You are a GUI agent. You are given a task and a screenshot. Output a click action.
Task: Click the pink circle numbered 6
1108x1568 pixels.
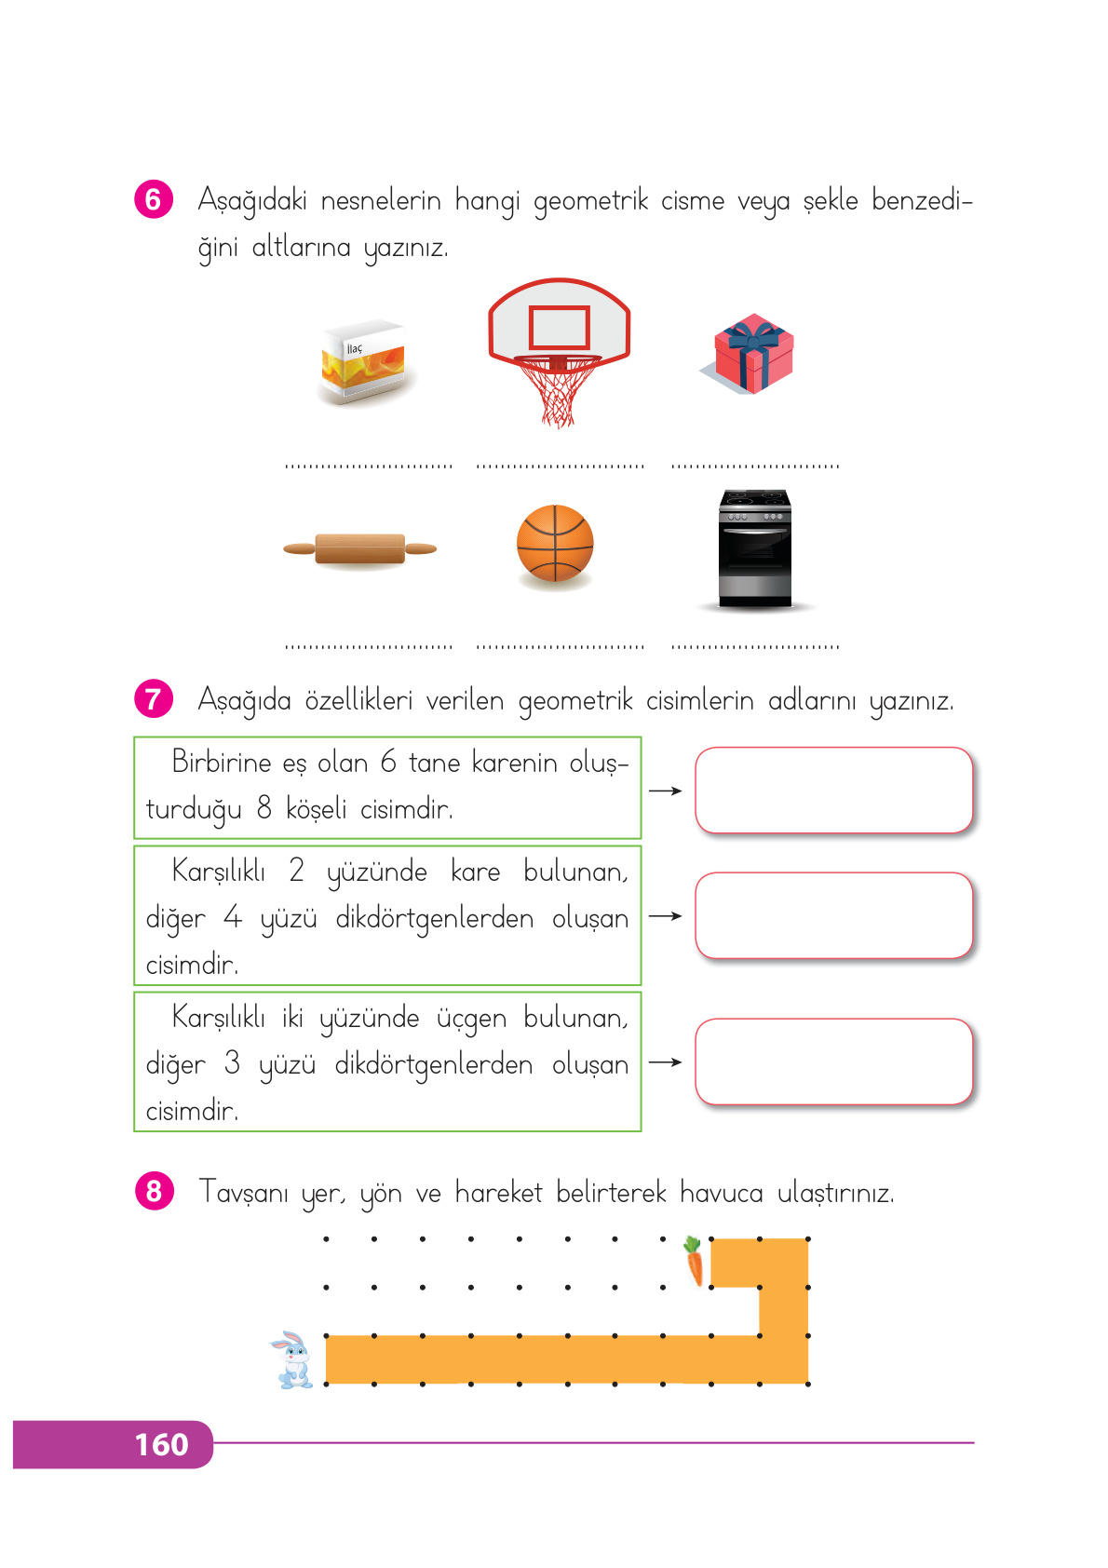coord(154,199)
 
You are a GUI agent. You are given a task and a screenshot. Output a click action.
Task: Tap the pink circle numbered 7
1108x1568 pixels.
coord(154,698)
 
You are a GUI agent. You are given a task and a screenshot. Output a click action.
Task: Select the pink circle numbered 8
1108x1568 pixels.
coord(154,1191)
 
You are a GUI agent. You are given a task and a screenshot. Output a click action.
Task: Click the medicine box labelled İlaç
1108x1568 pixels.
coord(363,362)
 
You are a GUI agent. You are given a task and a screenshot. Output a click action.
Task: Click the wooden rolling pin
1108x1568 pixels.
coord(360,548)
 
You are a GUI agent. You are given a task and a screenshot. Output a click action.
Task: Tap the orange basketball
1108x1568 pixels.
coord(555,543)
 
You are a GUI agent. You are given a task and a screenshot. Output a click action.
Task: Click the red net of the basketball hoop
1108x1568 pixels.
coord(558,391)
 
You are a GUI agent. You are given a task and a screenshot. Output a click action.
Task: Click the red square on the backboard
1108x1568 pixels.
coord(559,327)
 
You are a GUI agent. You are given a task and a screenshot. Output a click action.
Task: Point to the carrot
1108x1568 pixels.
coord(694,1261)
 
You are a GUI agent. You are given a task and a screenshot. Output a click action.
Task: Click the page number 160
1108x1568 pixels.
coord(161,1444)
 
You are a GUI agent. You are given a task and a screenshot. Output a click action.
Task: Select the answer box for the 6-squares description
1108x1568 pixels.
coord(833,790)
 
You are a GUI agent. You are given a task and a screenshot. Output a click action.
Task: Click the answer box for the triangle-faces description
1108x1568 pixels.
coord(833,1061)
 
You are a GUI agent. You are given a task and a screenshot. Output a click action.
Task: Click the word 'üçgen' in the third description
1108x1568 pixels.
coord(471,1019)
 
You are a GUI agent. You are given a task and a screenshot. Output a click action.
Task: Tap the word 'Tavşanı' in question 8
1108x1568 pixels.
coord(243,1193)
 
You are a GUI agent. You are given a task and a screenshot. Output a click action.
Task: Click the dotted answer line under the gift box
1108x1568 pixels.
coord(755,465)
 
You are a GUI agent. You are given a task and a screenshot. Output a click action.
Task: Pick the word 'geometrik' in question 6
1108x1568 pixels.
coord(590,201)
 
